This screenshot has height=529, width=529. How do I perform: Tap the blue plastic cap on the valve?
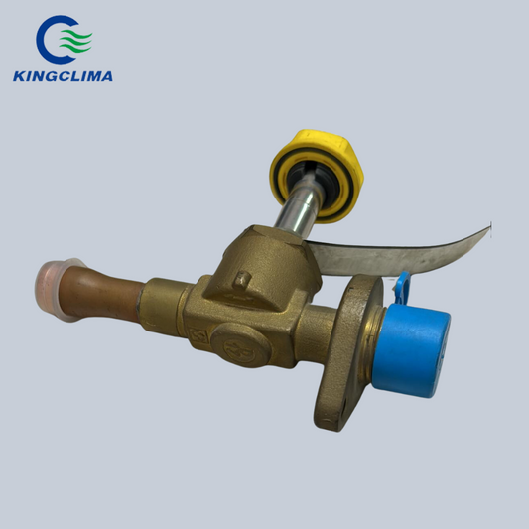click(412, 351)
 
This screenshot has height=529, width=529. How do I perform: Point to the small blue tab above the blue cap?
click(403, 288)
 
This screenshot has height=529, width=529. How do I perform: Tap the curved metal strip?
click(398, 255)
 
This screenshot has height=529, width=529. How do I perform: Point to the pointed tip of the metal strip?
click(490, 227)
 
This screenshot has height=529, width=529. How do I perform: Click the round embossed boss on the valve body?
click(241, 345)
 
